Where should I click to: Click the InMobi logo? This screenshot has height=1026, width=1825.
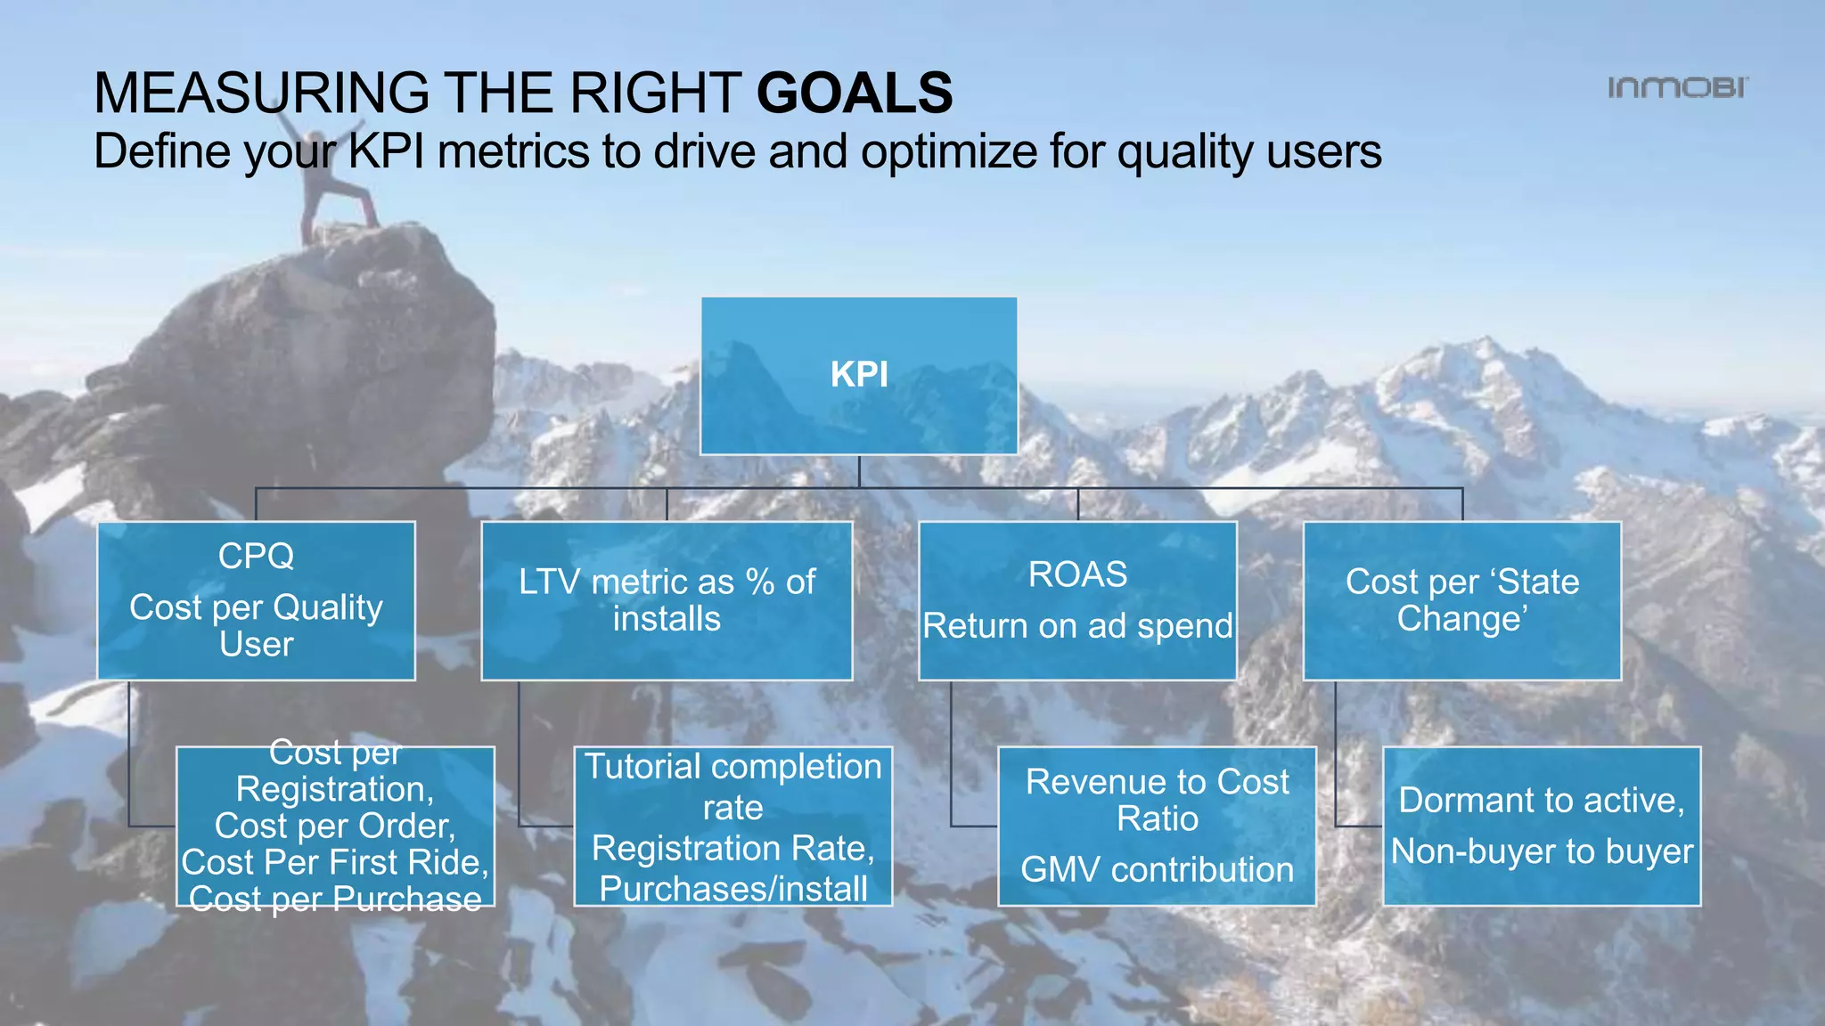[x=1677, y=87]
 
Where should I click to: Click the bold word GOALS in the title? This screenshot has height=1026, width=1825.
[x=855, y=94]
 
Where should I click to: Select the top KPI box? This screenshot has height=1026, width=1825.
[x=859, y=375]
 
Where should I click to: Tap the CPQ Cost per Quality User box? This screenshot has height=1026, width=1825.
[x=256, y=601]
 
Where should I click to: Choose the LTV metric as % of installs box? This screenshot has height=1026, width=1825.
[x=667, y=601]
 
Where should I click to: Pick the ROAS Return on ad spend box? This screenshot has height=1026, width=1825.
[x=1077, y=601]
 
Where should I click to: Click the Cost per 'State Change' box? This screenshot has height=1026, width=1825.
[x=1461, y=601]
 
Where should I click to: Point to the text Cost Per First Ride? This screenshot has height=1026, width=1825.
[x=335, y=862]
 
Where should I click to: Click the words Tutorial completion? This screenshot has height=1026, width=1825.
[x=732, y=767]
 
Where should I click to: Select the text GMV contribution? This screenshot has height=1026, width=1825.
[x=1157, y=869]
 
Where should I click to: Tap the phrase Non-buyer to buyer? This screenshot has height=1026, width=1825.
[x=1542, y=851]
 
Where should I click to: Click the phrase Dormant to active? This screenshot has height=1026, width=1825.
[x=1542, y=800]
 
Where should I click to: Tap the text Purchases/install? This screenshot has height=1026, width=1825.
[x=732, y=889]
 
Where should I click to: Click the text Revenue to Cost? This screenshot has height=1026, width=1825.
[x=1157, y=782]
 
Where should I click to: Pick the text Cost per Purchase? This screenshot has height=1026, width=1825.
[x=335, y=899]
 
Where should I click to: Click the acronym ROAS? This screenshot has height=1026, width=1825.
[x=1077, y=574]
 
